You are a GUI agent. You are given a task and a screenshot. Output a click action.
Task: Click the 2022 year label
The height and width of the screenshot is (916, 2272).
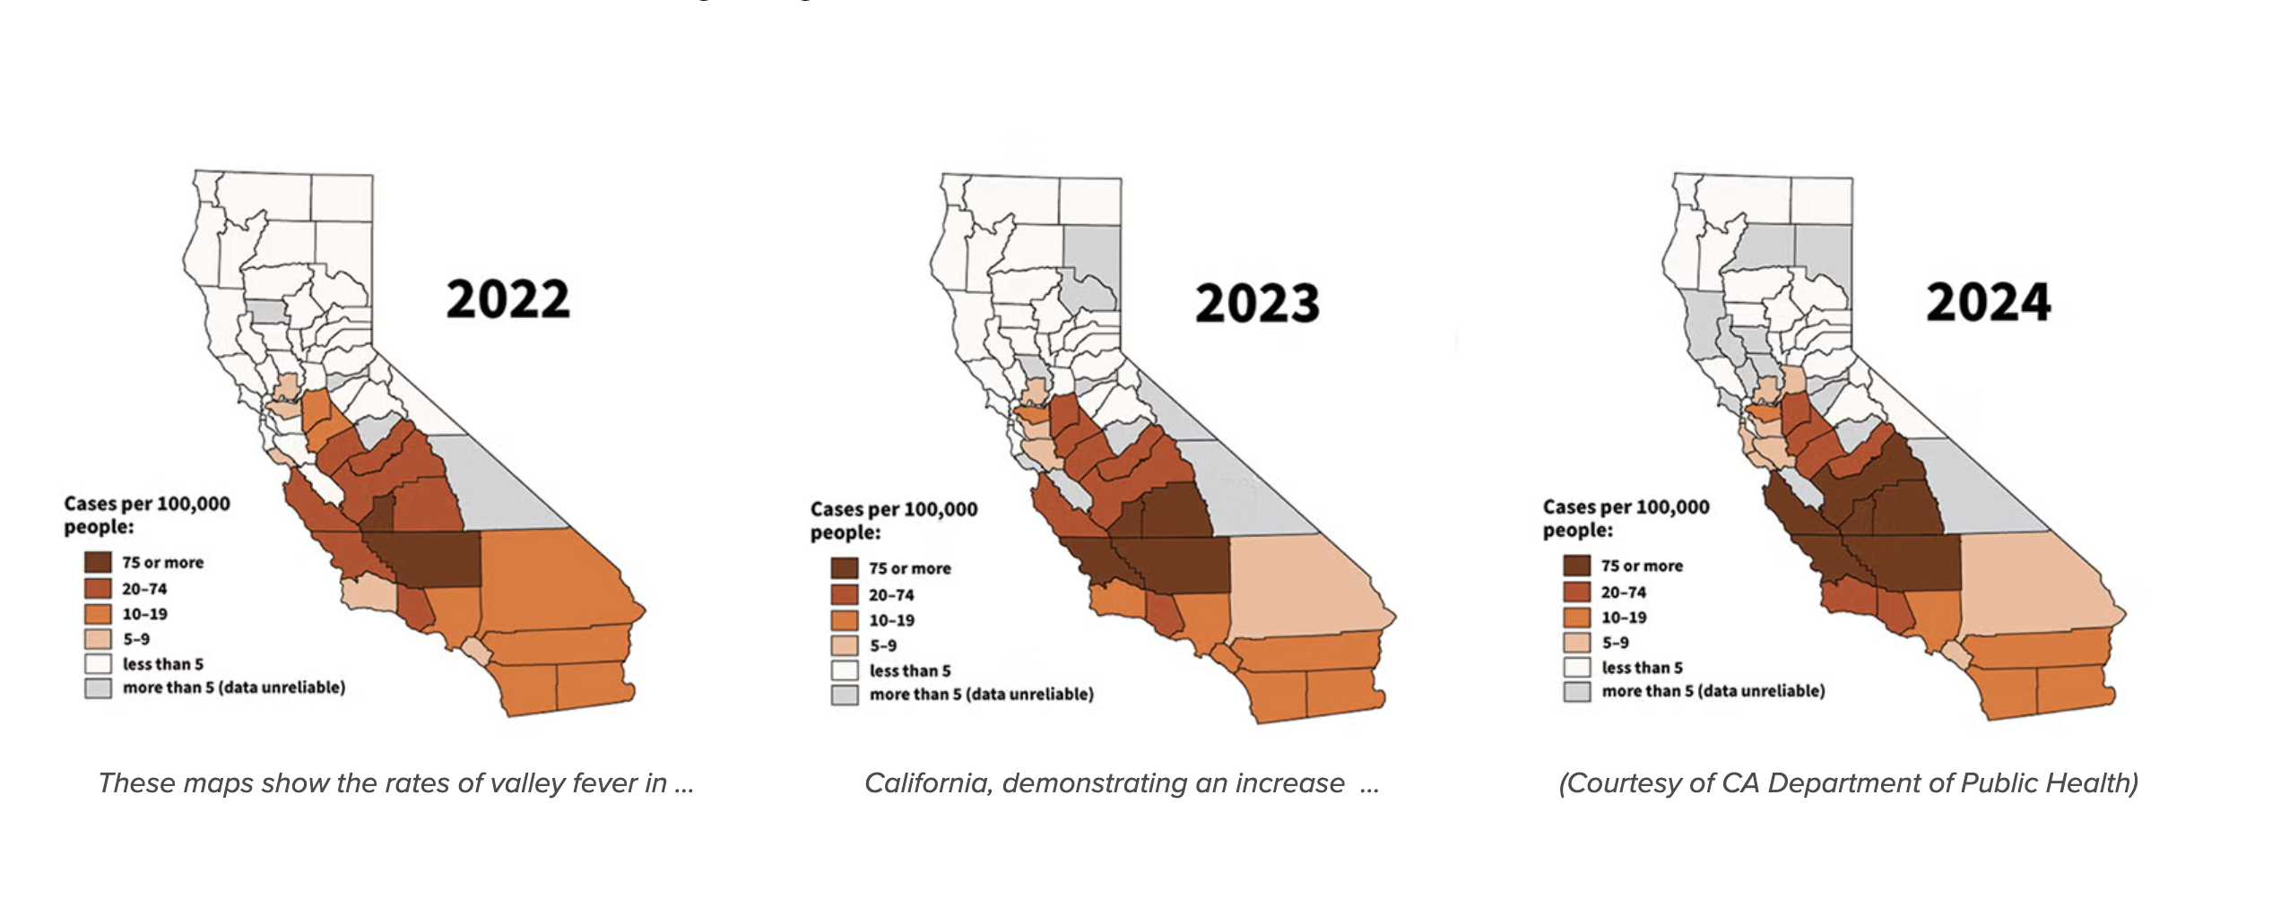coord(507,299)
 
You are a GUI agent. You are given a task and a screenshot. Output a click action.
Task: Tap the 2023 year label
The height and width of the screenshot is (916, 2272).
coord(1257,304)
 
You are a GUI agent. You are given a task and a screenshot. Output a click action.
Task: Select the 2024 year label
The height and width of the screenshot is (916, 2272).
coord(1988,303)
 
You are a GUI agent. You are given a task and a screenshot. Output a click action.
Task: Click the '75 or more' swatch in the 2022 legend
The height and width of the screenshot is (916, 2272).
coord(98,562)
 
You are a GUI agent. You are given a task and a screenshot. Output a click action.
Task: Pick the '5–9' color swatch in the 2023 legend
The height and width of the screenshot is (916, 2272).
coord(845,645)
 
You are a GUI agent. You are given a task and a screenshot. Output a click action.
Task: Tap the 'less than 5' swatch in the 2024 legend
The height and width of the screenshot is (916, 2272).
coord(1576,667)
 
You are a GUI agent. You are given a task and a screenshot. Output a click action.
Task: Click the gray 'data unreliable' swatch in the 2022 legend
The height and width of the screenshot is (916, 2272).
coord(98,688)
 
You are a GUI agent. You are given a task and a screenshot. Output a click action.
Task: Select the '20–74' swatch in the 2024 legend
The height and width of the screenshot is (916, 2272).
coord(1576,592)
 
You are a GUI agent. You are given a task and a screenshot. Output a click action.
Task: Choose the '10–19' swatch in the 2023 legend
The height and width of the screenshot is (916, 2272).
coord(845,620)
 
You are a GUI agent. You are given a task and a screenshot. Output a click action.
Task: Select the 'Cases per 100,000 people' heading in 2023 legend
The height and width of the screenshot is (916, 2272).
coord(893,521)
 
